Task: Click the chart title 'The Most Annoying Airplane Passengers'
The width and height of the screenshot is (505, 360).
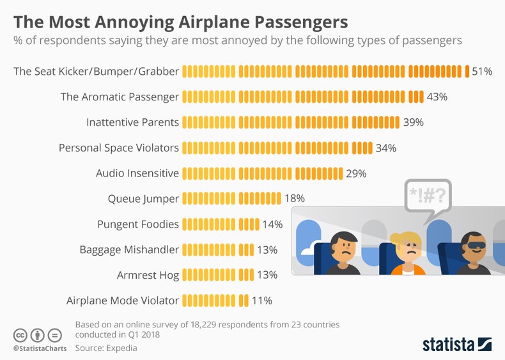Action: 181,22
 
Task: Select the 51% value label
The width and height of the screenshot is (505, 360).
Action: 482,72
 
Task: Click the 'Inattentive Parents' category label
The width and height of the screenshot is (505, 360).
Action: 132,122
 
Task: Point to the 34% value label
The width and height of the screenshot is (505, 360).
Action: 386,148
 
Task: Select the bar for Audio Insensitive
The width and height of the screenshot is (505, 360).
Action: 263,173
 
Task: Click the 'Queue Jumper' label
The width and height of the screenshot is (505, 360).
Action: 143,198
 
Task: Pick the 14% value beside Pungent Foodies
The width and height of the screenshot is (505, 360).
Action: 272,224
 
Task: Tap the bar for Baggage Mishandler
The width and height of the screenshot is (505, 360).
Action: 218,249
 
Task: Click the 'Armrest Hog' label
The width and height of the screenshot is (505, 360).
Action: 148,275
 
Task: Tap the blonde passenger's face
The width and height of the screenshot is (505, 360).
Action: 408,251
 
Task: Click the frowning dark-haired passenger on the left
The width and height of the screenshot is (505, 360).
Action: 343,251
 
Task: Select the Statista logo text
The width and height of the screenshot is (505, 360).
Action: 447,344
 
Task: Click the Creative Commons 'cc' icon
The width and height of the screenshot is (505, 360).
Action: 20,335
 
